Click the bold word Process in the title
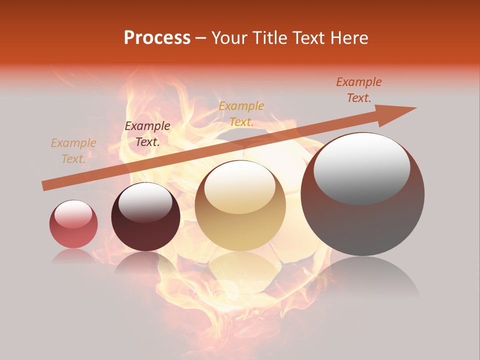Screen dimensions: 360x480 coord(157,37)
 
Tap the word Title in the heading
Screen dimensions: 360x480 coord(270,37)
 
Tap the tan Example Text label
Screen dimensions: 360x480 coord(73,151)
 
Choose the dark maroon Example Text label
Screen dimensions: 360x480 coord(147,134)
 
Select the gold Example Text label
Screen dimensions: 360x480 coord(241,113)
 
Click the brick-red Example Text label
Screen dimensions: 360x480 coord(358,90)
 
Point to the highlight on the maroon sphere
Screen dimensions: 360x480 coord(145,201)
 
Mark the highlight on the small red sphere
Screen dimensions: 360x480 coord(73,214)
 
